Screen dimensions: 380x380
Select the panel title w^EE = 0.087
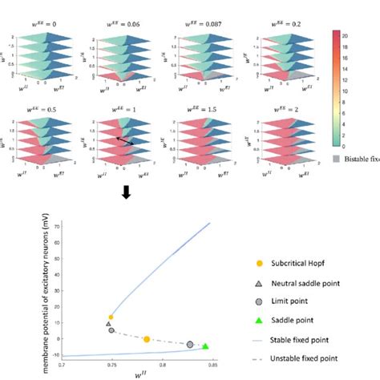point(193,9)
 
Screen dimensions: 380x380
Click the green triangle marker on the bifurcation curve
point(206,346)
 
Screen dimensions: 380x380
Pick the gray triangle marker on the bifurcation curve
point(108,324)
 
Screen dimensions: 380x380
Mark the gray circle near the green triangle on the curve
point(190,344)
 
